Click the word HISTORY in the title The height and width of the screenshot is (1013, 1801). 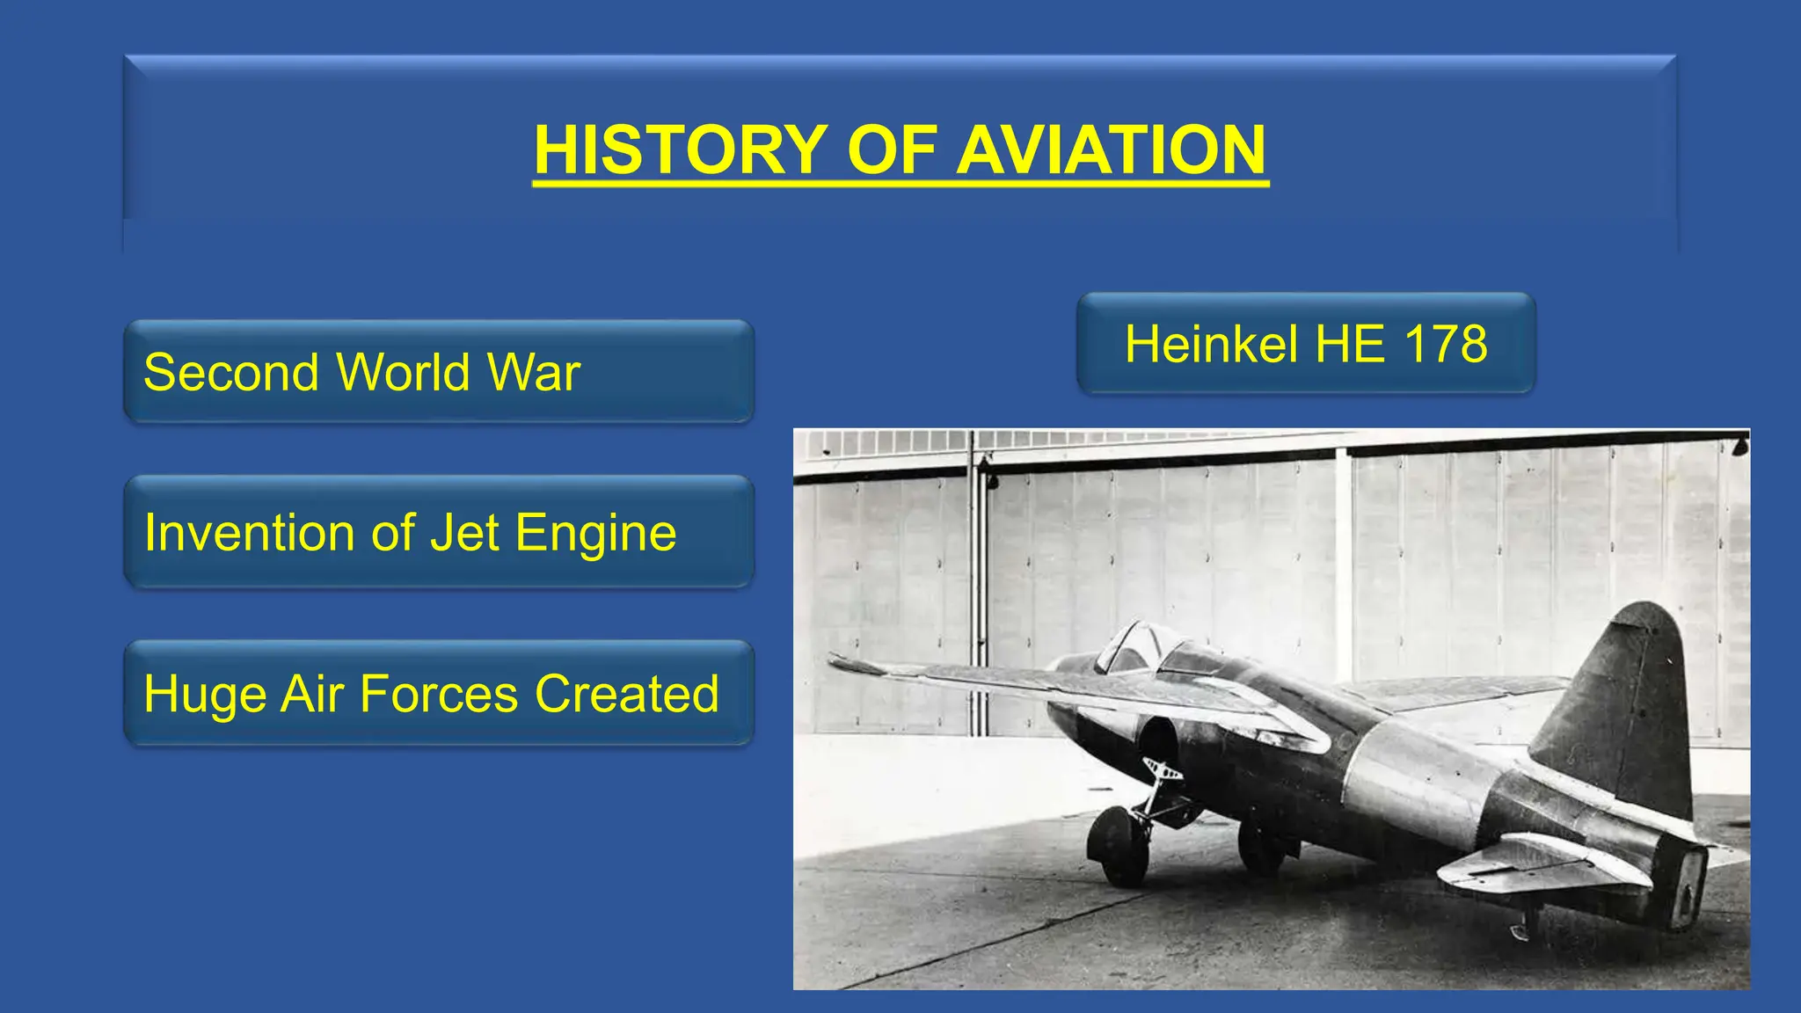click(x=681, y=149)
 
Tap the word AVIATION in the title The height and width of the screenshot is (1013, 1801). click(x=1112, y=149)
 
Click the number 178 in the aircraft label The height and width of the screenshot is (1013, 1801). click(x=1446, y=344)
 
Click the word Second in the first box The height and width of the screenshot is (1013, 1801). click(x=230, y=372)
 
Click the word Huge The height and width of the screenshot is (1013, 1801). click(x=205, y=695)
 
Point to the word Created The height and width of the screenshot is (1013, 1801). click(x=627, y=695)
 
